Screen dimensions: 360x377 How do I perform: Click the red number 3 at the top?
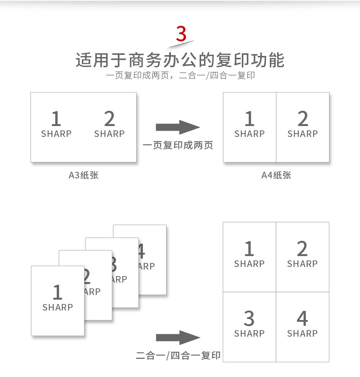(181, 34)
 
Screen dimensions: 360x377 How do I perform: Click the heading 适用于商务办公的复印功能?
(180, 60)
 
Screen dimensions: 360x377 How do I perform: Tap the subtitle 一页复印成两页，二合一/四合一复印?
(180, 76)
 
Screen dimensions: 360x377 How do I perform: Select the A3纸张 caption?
(84, 175)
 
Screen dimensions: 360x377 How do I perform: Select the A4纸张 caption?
(276, 175)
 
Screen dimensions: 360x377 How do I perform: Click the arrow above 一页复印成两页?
(178, 127)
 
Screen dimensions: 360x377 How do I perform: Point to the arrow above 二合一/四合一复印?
(178, 337)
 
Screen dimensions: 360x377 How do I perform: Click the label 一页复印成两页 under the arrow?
(178, 145)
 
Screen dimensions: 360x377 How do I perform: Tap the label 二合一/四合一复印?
(178, 355)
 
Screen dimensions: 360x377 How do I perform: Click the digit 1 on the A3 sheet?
(56, 118)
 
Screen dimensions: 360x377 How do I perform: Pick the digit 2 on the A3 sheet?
(109, 118)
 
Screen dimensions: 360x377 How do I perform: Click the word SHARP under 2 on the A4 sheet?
(303, 134)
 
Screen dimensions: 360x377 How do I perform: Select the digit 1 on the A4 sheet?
(250, 118)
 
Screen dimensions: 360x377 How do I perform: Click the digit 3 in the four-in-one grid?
(249, 318)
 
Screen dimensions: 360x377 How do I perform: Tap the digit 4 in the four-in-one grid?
(303, 318)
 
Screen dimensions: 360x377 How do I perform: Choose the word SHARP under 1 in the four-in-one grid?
(249, 264)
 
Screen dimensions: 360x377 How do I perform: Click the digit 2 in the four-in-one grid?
(303, 248)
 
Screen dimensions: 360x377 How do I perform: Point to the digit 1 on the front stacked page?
(58, 292)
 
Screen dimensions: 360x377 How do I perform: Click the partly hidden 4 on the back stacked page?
(141, 251)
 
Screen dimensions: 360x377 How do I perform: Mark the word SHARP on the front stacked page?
(58, 307)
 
